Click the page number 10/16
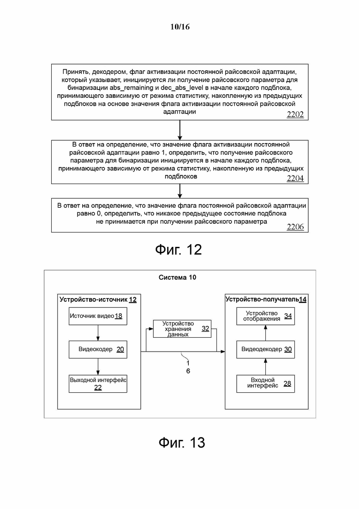(180, 27)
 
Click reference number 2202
(295, 114)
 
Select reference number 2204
(295, 178)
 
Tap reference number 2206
(295, 227)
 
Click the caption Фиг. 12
(178, 249)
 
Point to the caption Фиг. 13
(182, 443)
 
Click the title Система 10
(177, 277)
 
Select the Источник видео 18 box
(98, 316)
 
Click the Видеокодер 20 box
(98, 349)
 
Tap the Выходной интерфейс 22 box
(98, 383)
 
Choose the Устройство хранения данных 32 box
(182, 329)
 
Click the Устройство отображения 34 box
(265, 316)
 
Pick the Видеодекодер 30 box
(265, 349)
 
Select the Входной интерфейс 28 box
(265, 383)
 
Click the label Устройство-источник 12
(98, 299)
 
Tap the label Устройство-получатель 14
(266, 299)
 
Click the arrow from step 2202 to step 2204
(180, 130)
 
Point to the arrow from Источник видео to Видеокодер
(98, 333)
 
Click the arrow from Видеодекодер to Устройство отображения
(265, 333)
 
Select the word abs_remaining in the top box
(132, 88)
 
